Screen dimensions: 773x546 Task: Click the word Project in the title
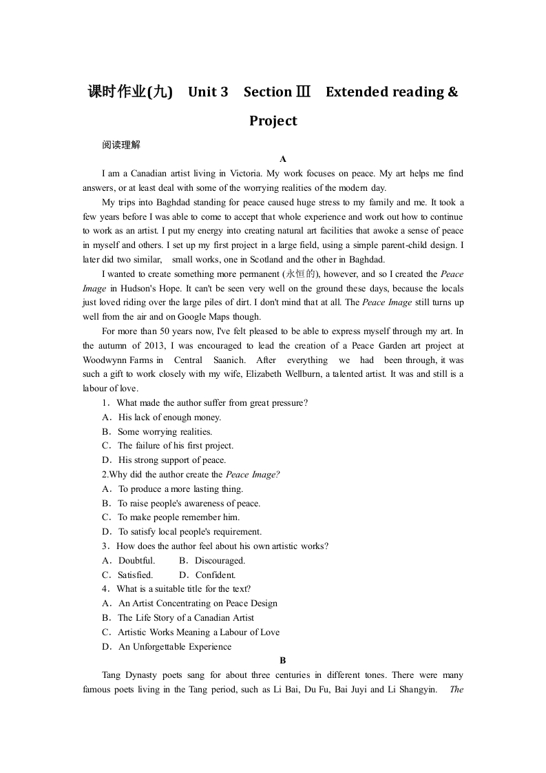273,121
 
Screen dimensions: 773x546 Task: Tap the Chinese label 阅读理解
120,145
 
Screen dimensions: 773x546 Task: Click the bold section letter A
282,158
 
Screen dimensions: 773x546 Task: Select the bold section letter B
282,660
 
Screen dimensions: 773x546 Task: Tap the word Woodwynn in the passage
104,360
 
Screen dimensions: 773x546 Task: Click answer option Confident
216,575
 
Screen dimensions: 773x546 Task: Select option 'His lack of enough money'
169,417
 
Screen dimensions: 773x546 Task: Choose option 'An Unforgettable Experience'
175,646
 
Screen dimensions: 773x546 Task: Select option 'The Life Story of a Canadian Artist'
186,617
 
